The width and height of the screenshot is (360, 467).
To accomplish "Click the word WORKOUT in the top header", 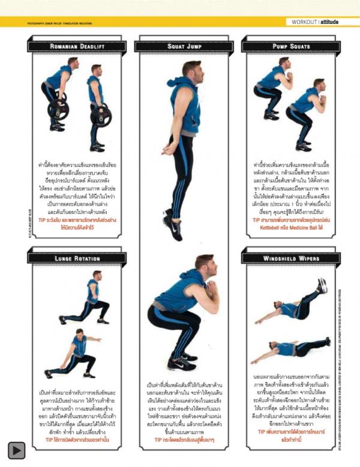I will pos(304,22).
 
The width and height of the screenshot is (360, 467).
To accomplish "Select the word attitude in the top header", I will pos(333,22).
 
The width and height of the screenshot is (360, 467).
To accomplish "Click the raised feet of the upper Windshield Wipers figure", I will pos(322,285).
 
